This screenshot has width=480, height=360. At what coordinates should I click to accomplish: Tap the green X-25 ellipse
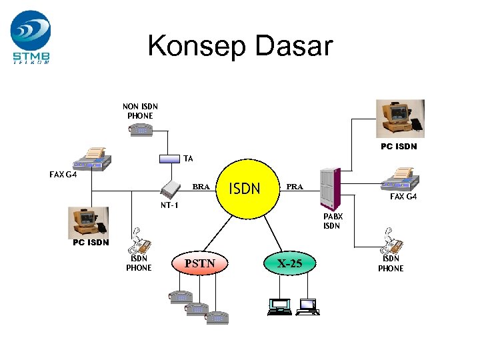point(290,263)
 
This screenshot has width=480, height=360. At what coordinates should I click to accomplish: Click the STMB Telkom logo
point(30,37)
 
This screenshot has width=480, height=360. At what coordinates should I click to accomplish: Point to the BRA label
point(201,187)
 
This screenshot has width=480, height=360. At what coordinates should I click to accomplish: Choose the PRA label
point(295,187)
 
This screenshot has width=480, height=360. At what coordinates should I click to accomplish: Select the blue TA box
point(169,159)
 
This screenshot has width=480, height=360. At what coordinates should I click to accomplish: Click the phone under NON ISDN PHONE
point(141,131)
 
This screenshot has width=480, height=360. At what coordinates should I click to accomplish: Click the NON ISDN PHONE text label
point(140,111)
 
